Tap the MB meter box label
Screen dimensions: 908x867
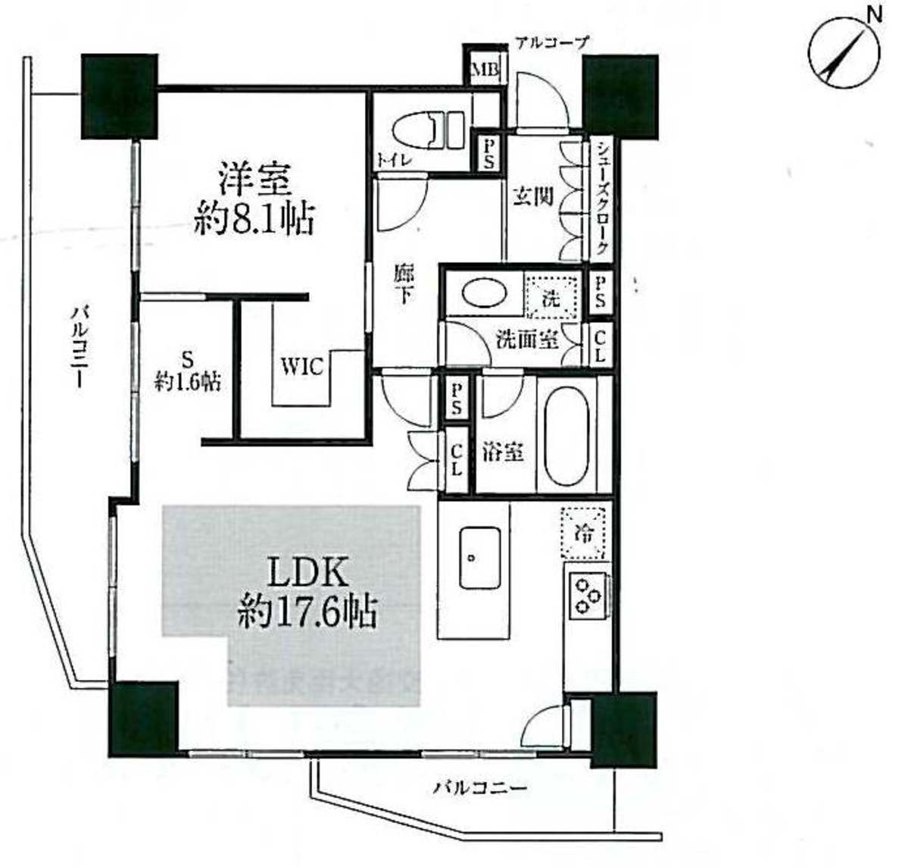[485, 70]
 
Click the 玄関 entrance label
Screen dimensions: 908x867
[532, 197]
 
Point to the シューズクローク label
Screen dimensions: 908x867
[601, 199]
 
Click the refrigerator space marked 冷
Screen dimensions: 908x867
[584, 532]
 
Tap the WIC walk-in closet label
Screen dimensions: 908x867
[301, 368]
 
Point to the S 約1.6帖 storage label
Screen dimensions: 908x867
[186, 371]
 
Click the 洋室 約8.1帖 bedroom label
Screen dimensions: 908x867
[254, 199]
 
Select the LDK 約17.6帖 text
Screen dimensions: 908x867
[307, 593]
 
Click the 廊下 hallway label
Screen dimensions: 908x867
[404, 285]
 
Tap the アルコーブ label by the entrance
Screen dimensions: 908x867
[551, 42]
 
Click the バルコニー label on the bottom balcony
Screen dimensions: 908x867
[481, 787]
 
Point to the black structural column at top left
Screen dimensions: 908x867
[120, 96]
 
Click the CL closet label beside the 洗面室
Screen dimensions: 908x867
[600, 344]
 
